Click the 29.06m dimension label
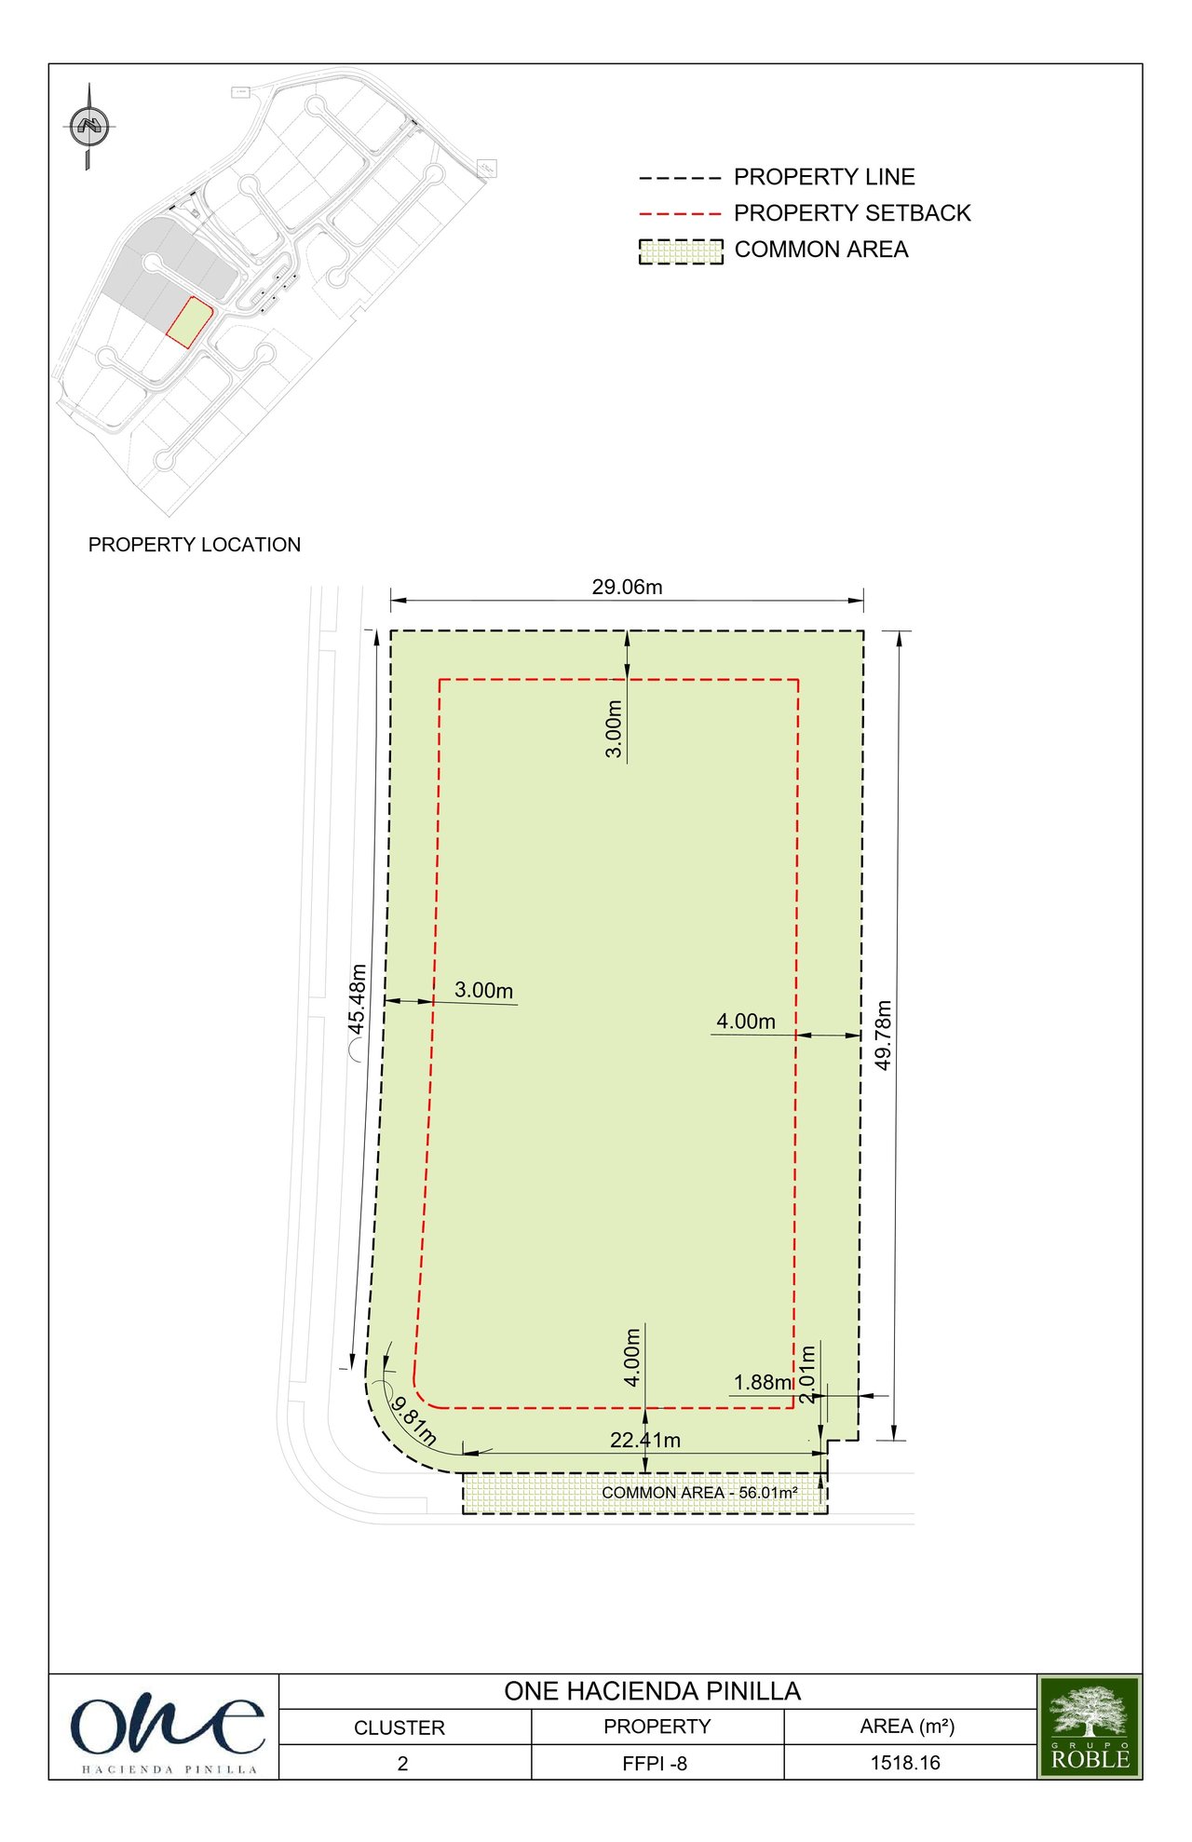627,587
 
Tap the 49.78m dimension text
884,1035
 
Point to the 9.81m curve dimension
413,1420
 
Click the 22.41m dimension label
645,1440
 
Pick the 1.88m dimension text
763,1382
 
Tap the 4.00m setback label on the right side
746,1022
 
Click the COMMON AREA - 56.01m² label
699,1493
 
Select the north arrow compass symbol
89,126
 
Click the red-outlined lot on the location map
190,322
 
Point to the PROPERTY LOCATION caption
195,545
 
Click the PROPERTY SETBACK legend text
852,213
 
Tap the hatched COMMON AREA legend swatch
681,251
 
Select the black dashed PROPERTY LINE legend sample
680,178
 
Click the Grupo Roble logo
1090,1727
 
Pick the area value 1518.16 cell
905,1763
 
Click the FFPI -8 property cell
655,1764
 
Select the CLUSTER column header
400,1727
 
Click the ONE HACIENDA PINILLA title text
653,1691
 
